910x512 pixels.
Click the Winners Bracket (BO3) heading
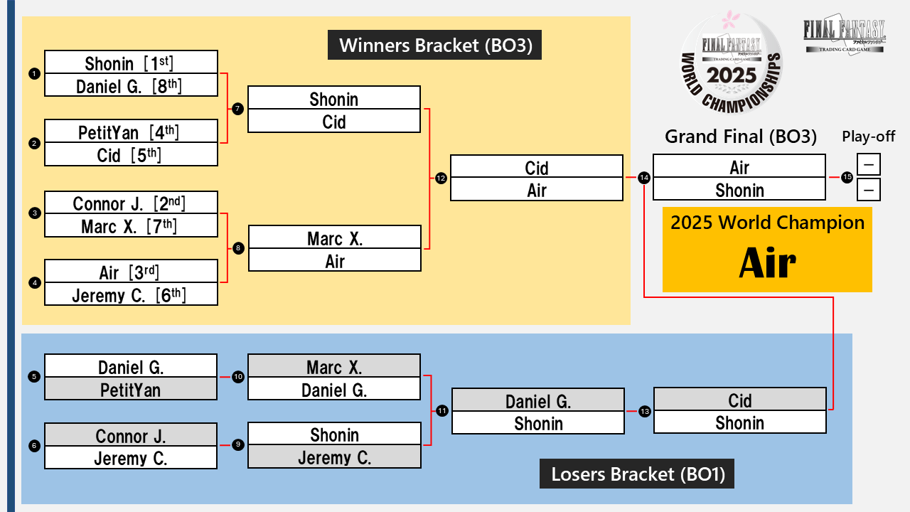pyautogui.click(x=435, y=46)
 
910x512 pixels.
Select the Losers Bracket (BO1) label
pyautogui.click(x=637, y=474)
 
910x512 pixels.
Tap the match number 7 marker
pyautogui.click(x=237, y=109)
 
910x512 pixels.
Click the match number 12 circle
pyautogui.click(x=441, y=178)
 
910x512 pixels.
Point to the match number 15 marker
pyautogui.click(x=847, y=178)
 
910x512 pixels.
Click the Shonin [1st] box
pyautogui.click(x=131, y=63)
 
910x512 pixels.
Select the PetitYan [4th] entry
pyautogui.click(x=131, y=132)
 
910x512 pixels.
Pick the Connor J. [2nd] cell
pyautogui.click(x=131, y=203)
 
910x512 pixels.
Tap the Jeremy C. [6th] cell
pyautogui.click(x=131, y=294)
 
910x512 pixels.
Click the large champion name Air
pyautogui.click(x=767, y=264)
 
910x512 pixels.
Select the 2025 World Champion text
pyautogui.click(x=767, y=223)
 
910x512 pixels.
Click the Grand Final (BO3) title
pyautogui.click(x=740, y=137)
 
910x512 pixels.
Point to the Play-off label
pyautogui.click(x=868, y=137)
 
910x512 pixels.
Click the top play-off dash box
pyautogui.click(x=869, y=165)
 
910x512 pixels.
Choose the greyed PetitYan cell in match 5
pyautogui.click(x=131, y=390)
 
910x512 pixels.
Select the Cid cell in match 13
pyautogui.click(x=740, y=400)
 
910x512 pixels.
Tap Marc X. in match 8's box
pyautogui.click(x=334, y=238)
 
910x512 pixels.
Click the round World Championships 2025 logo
pyautogui.click(x=732, y=65)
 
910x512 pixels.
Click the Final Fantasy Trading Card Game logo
pyautogui.click(x=844, y=36)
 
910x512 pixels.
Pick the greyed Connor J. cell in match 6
pyautogui.click(x=131, y=435)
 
